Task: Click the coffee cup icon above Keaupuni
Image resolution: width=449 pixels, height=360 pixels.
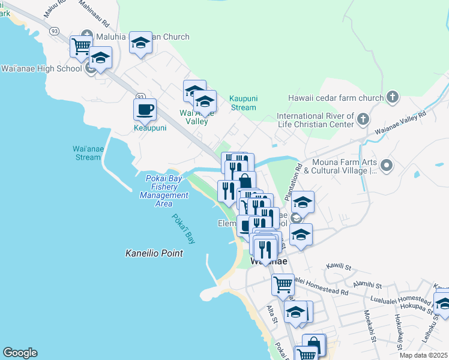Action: [x=145, y=110]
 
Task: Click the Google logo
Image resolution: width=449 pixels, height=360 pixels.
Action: [x=20, y=353]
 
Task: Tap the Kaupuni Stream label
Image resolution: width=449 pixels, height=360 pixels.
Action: [x=243, y=103]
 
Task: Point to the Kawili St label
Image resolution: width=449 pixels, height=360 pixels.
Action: [x=342, y=265]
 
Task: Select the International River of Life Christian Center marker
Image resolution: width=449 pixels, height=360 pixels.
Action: [x=363, y=120]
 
